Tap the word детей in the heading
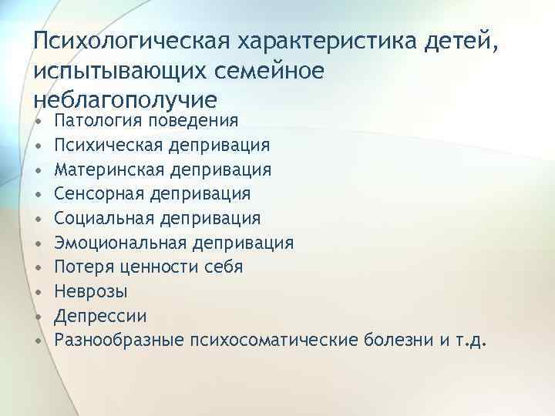click(460, 39)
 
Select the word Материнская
click(107, 169)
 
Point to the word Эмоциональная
click(116, 243)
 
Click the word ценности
click(165, 268)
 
